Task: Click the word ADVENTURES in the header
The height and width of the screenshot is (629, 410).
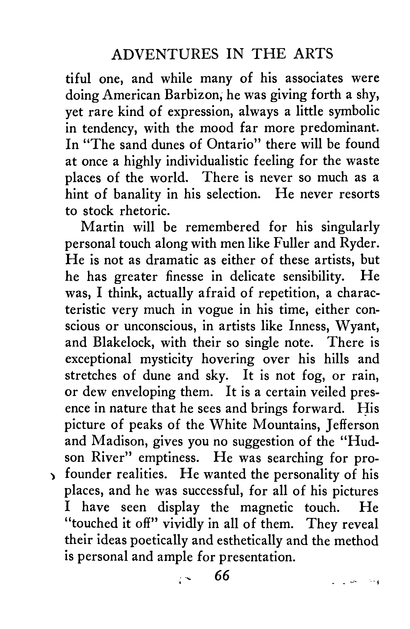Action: [165, 54]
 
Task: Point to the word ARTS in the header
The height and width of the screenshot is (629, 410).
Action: [314, 54]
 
